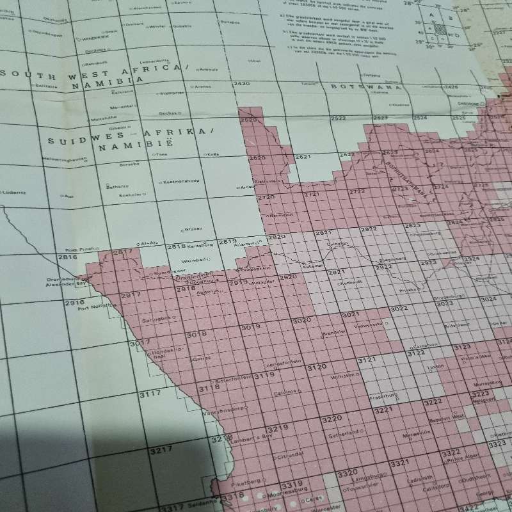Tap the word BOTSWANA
tap(365, 86)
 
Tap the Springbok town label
tap(159, 317)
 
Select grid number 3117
tap(151, 394)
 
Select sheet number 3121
tap(367, 361)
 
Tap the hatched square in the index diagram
tap(442, 28)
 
